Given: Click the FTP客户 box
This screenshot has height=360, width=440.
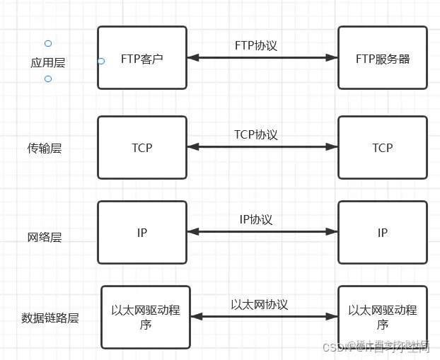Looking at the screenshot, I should pyautogui.click(x=142, y=58).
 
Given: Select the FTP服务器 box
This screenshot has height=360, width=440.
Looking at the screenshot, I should pyautogui.click(x=383, y=58).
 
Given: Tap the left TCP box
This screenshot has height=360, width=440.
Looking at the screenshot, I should pyautogui.click(x=142, y=148).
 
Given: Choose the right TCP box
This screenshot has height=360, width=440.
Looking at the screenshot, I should pyautogui.click(x=383, y=148).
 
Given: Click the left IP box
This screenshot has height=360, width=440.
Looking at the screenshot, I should pyautogui.click(x=142, y=232).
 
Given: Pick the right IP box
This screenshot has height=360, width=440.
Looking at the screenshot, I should pyautogui.click(x=383, y=232).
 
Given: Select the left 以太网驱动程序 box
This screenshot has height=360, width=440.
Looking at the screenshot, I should pyautogui.click(x=146, y=317).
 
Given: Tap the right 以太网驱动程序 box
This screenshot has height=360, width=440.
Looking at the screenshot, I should pyautogui.click(x=383, y=317).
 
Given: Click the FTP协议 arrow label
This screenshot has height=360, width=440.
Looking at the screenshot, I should pyautogui.click(x=256, y=45).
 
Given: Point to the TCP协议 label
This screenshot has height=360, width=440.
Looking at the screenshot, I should pyautogui.click(x=256, y=134).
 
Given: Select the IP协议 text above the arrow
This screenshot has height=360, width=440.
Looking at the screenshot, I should pyautogui.click(x=256, y=219).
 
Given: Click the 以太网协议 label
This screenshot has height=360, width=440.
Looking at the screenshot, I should pyautogui.click(x=260, y=304).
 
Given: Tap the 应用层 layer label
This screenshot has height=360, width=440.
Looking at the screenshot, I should pyautogui.click(x=48, y=62).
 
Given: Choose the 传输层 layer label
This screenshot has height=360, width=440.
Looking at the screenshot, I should pyautogui.click(x=45, y=149).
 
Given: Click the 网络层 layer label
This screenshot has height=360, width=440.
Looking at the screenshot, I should pyautogui.click(x=45, y=237).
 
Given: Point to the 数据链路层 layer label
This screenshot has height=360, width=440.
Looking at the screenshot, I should pyautogui.click(x=50, y=318).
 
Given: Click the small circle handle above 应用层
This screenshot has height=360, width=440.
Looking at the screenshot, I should pyautogui.click(x=48, y=44).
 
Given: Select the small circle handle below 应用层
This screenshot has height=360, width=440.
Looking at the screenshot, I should pyautogui.click(x=48, y=79).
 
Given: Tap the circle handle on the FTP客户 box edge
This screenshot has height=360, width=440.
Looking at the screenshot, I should pyautogui.click(x=101, y=62).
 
